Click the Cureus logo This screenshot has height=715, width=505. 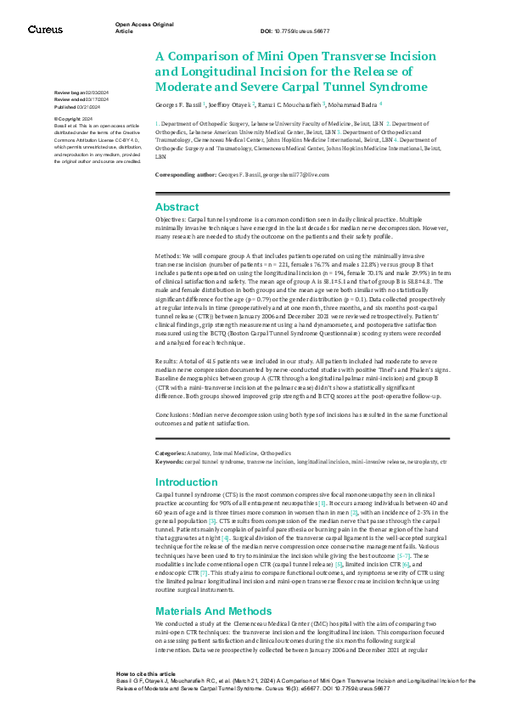tap(45, 30)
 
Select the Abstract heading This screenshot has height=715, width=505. tap(177, 207)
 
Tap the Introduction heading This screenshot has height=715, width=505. tap(187, 481)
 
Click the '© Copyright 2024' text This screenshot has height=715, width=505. tap(73, 120)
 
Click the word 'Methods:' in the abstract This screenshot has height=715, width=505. tap(169, 256)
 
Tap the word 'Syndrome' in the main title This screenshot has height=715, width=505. tap(383, 87)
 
